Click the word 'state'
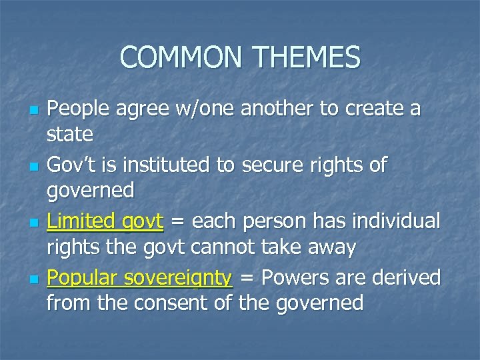click(x=69, y=134)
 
